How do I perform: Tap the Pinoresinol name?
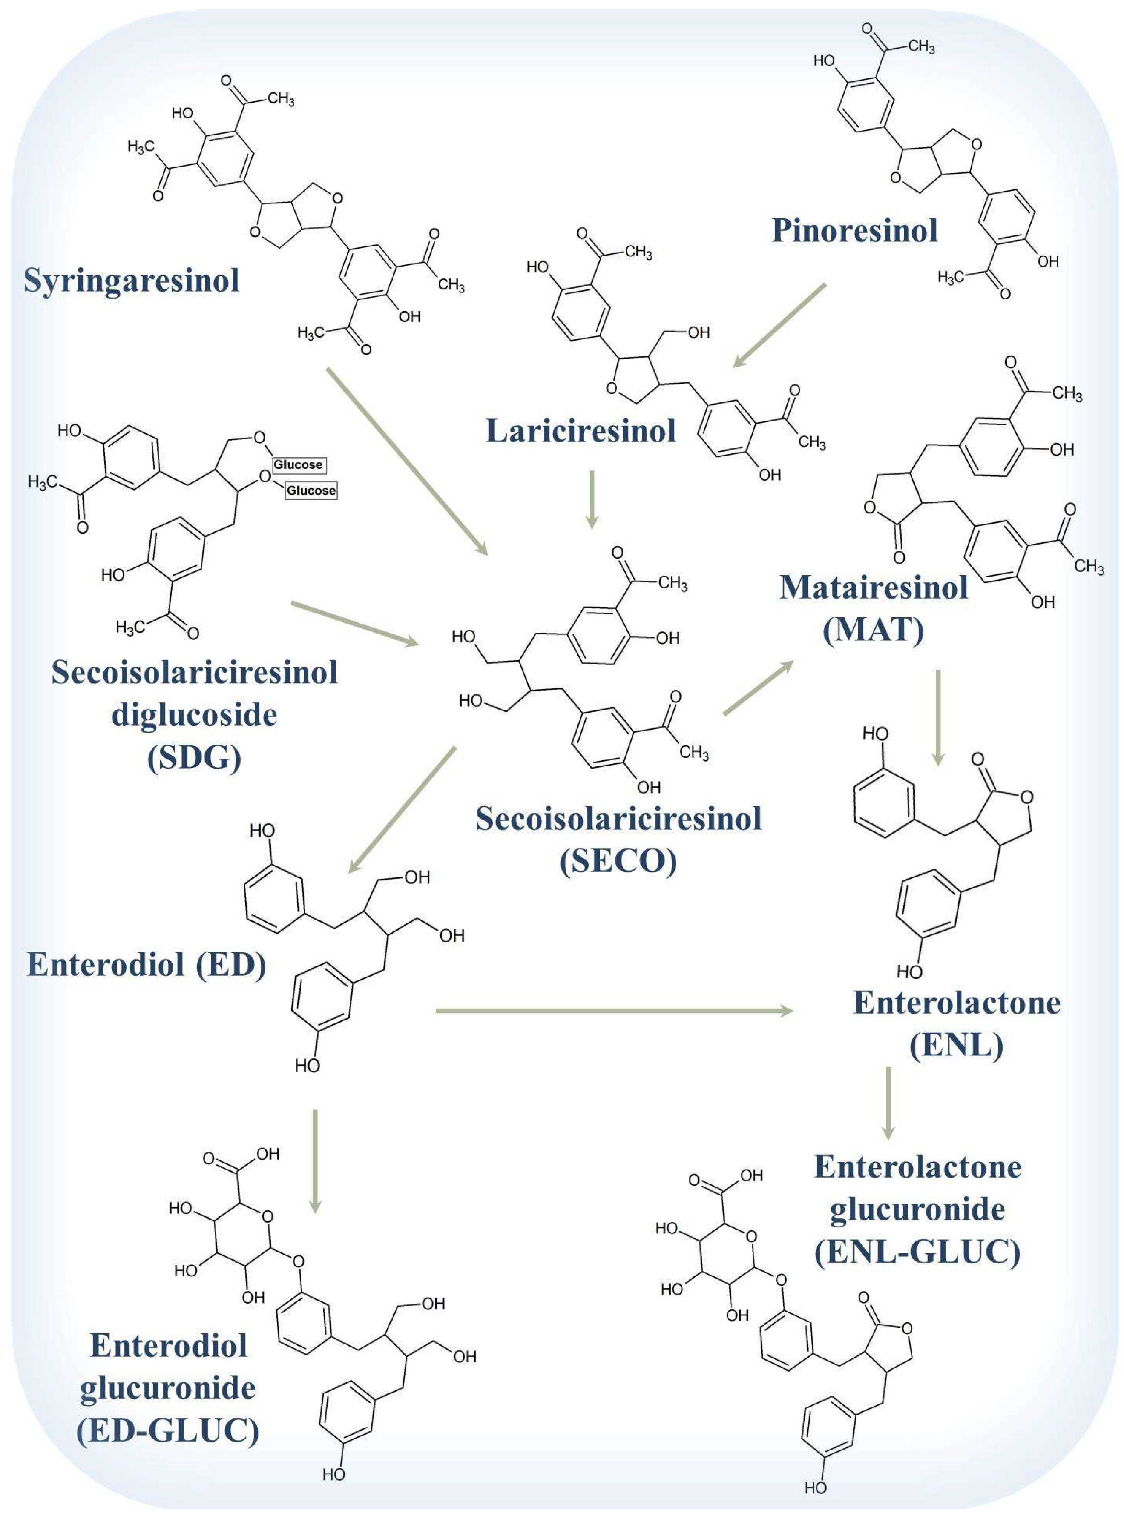[854, 231]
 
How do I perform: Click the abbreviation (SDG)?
[195, 757]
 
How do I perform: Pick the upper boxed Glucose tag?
[298, 465]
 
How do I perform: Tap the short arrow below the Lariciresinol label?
[592, 498]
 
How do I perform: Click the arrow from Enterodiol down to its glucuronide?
[315, 1160]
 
